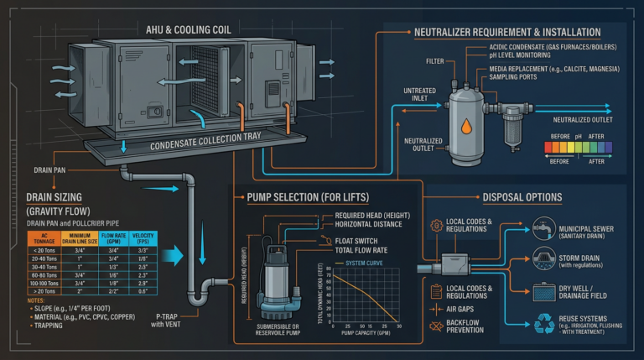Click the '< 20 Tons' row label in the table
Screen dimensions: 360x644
coord(39,227)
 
